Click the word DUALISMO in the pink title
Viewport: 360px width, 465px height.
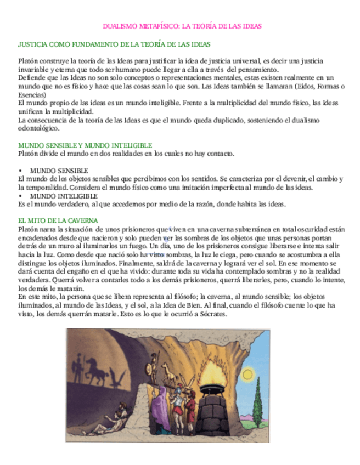pos(120,26)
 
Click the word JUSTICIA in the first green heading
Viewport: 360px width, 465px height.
pos(33,44)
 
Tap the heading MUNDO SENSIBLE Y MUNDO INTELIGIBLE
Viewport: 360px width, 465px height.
pos(85,145)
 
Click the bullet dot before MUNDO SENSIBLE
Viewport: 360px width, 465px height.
pos(20,171)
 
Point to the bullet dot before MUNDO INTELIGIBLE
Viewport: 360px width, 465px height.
pos(20,196)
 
